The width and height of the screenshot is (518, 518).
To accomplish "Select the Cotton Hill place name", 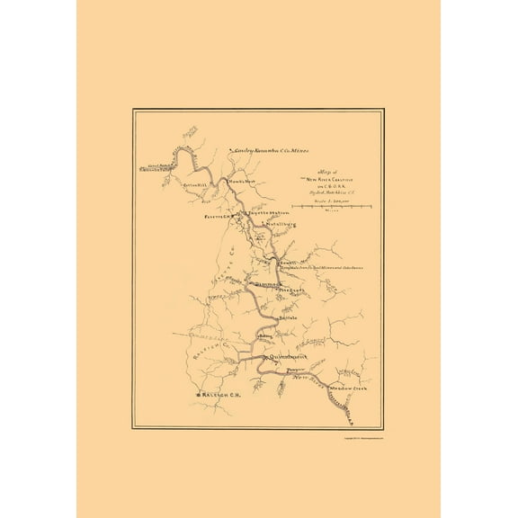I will pyautogui.click(x=196, y=185).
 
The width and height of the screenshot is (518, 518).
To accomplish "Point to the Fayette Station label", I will pyautogui.click(x=261, y=212).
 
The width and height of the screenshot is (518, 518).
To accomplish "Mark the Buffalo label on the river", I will pyautogui.click(x=287, y=317).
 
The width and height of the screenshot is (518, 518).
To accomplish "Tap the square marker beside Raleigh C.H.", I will pyautogui.click(x=196, y=395).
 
